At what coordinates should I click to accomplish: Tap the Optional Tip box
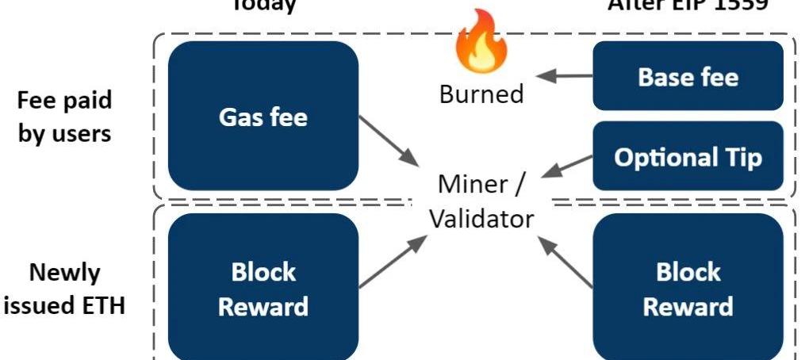pos(688,156)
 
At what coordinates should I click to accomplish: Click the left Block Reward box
pos(263,288)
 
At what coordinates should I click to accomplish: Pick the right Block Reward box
pos(688,288)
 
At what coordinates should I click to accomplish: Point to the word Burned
pos(481,94)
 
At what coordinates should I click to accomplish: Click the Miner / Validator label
pos(481,201)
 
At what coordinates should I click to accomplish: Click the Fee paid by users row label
pos(64,117)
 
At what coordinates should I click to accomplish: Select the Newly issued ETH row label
pos(64,289)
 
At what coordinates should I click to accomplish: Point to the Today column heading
pos(263,5)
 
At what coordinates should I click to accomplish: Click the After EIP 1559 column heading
pos(687,5)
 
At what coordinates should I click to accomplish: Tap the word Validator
pos(481,217)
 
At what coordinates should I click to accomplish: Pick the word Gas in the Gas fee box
pos(239,117)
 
